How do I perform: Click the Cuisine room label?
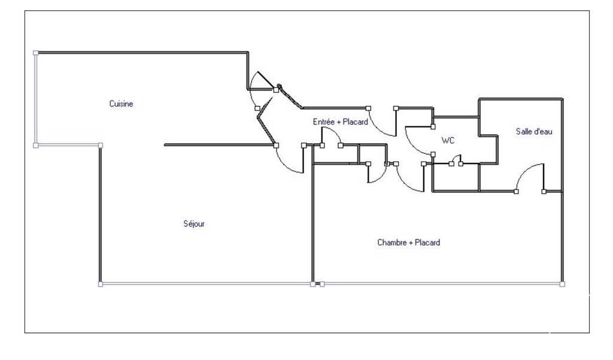click(x=121, y=104)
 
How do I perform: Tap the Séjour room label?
click(x=194, y=224)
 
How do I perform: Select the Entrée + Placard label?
click(x=340, y=122)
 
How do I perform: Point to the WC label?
click(x=448, y=140)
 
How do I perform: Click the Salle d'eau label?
click(x=534, y=131)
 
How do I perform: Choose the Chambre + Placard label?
click(x=408, y=243)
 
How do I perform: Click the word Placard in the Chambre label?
click(x=427, y=243)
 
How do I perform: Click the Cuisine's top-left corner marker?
click(x=35, y=53)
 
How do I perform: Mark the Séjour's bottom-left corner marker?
click(x=101, y=284)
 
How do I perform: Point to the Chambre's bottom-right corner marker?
click(x=562, y=284)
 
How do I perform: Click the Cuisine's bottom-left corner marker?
click(x=35, y=146)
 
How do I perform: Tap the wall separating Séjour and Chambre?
click(x=312, y=214)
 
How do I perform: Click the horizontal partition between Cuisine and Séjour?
click(x=219, y=145)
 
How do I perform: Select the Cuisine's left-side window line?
click(x=35, y=99)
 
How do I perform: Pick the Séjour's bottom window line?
click(x=207, y=284)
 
